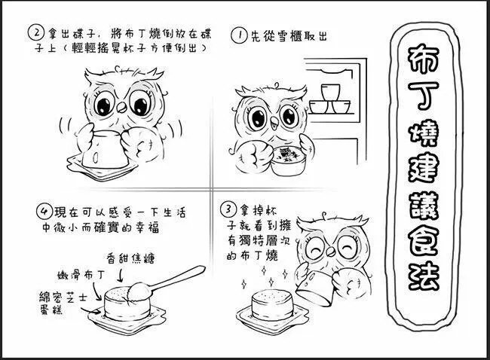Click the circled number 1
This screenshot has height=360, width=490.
click(239, 35)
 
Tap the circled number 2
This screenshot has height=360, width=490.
click(36, 33)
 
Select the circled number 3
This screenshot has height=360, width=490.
click(228, 209)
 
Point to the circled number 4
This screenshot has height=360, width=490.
click(44, 212)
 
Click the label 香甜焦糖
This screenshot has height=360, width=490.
click(130, 258)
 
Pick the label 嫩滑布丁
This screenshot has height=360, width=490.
click(81, 276)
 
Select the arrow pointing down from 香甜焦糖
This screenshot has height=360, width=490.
click(120, 276)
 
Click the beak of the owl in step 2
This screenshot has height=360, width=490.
click(121, 108)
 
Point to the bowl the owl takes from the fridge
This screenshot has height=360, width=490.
click(287, 161)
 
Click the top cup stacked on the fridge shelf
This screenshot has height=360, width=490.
click(331, 92)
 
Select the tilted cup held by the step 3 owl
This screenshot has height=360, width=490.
click(315, 288)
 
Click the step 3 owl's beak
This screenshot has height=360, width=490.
click(330, 250)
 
